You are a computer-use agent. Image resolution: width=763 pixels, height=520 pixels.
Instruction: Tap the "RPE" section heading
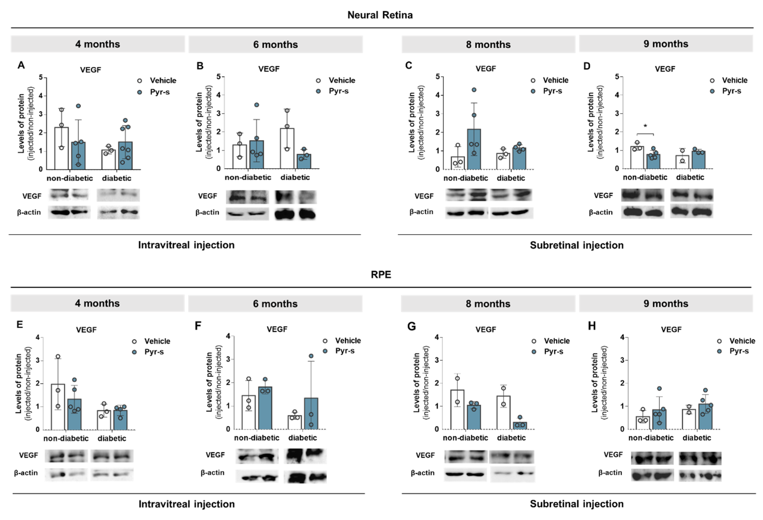[x=381, y=274]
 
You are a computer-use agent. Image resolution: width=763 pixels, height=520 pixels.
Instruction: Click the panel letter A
[x=21, y=65]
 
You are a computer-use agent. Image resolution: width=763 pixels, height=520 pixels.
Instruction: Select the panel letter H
[x=592, y=326]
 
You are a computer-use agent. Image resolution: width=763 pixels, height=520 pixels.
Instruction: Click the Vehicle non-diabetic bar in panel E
[x=58, y=407]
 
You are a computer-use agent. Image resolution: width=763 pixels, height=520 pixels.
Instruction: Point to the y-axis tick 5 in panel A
[x=41, y=77]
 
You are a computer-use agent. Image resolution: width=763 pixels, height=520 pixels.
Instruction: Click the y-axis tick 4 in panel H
[x=622, y=337]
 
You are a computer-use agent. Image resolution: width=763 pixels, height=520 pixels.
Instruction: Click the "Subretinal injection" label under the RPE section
[x=577, y=504]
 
